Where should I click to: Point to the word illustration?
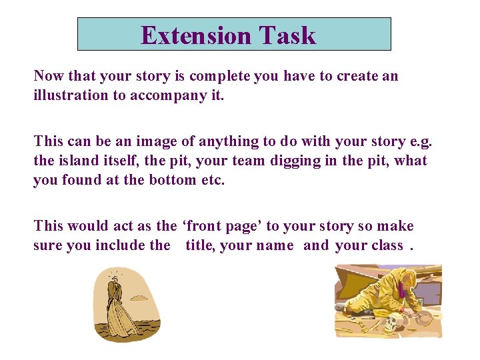71,95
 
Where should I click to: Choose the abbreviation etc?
213,180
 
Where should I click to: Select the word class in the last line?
387,245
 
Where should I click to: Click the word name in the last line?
275,245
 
